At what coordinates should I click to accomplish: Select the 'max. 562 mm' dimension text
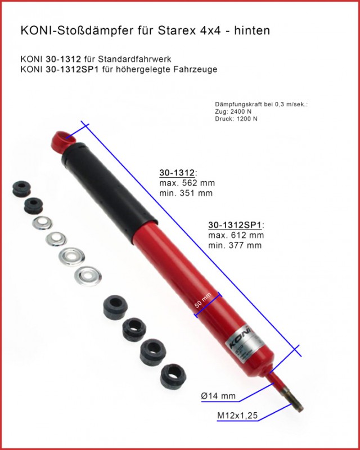[187, 183]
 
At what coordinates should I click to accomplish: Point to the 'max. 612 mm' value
[236, 235]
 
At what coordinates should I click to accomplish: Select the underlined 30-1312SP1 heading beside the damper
[236, 224]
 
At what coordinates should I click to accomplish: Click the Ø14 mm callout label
[218, 397]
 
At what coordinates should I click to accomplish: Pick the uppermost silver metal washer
[42, 223]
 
